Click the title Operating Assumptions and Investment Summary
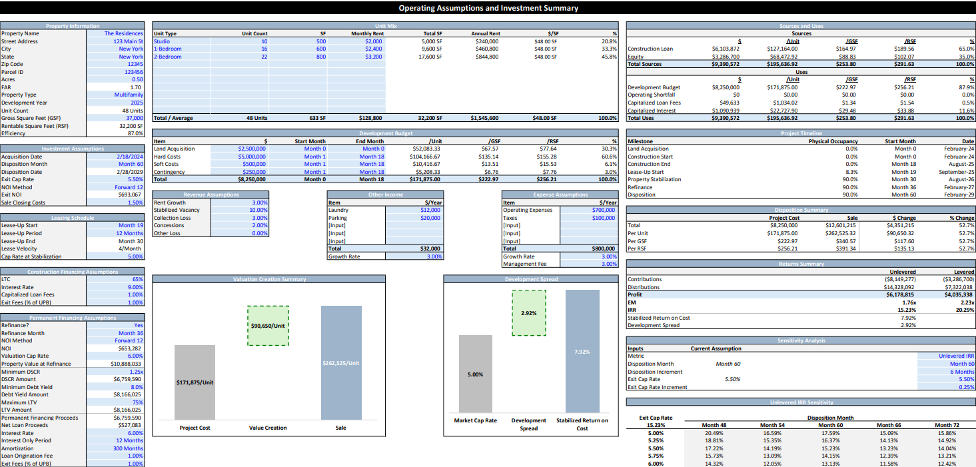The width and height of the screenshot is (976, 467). (488, 8)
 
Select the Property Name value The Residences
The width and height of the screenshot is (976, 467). (123, 33)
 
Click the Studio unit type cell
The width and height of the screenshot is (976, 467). (162, 41)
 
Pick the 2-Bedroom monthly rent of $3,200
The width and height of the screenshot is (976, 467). (373, 57)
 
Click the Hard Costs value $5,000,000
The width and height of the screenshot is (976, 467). (251, 157)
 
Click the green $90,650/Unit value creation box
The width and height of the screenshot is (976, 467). (268, 326)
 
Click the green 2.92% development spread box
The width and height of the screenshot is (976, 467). (528, 313)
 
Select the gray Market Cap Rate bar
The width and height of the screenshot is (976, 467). (475, 374)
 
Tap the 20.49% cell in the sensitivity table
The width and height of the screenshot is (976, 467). (714, 433)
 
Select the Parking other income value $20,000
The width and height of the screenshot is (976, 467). (430, 218)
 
